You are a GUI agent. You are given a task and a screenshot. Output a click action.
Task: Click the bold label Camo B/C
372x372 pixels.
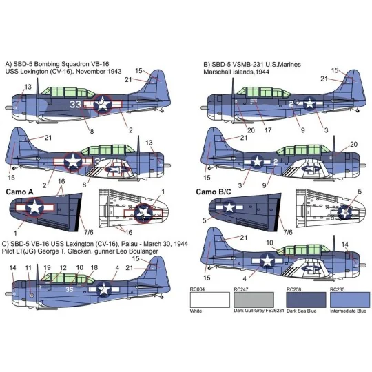pyautogui.click(x=214, y=190)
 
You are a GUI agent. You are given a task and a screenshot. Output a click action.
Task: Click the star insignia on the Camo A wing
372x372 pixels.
pyautogui.click(x=33, y=206)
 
